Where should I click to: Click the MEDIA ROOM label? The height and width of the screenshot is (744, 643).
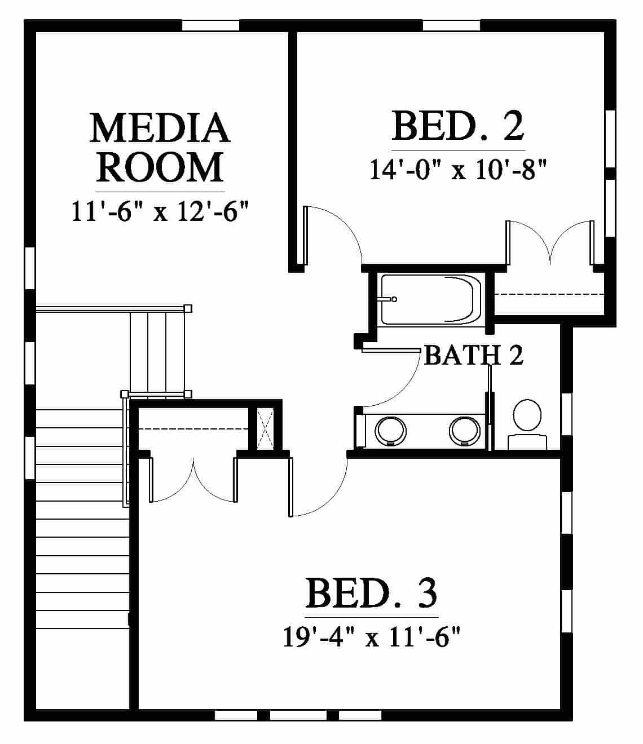(x=160, y=147)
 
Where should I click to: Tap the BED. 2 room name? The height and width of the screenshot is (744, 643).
(x=458, y=126)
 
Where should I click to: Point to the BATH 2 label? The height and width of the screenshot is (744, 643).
(x=474, y=355)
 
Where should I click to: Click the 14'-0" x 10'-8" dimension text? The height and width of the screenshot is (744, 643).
(x=458, y=170)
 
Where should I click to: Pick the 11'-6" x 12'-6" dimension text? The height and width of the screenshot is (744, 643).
(x=160, y=211)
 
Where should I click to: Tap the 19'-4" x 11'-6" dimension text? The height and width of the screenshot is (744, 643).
(x=372, y=637)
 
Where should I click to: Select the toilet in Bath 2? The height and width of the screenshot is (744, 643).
(x=527, y=424)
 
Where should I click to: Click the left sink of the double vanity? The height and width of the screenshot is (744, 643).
(x=390, y=431)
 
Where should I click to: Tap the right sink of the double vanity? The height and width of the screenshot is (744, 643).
(x=465, y=431)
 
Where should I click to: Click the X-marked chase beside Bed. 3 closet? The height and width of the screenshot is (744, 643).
(x=266, y=429)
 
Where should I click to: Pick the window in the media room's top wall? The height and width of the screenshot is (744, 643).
(x=211, y=25)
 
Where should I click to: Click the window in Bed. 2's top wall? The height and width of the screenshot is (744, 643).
(x=451, y=25)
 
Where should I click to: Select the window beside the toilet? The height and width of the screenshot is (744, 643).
(x=567, y=414)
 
